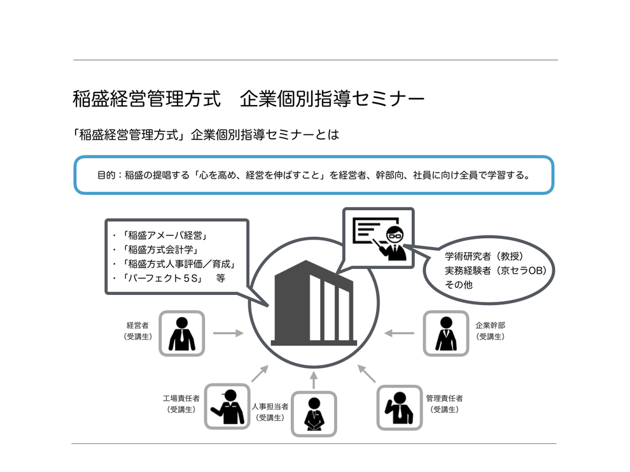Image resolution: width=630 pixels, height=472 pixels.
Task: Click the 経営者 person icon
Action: tap(181, 333)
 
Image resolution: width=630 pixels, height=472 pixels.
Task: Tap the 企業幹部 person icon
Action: tap(445, 333)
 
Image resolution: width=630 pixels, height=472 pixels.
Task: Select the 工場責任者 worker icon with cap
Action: tap(227, 406)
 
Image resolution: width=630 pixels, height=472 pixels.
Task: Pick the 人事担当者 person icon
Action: tap(314, 414)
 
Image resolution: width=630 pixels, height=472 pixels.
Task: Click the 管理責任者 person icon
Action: tap(400, 408)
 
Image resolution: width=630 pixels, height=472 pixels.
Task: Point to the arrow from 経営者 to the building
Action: tap(228, 333)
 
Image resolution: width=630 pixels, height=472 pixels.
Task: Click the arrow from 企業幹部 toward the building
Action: tap(399, 333)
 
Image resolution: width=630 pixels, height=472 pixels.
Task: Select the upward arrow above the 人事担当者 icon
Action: tap(314, 380)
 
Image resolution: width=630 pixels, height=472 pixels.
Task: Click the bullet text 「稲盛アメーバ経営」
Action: tap(165, 235)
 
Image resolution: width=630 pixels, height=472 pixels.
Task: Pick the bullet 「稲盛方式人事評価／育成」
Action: tap(179, 264)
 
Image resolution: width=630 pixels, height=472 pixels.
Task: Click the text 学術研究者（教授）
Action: tap(484, 256)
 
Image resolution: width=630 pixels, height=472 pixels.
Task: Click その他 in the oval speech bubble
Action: tap(458, 285)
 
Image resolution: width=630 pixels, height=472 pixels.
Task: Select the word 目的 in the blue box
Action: tap(106, 175)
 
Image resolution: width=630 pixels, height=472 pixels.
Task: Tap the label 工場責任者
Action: tap(181, 398)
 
